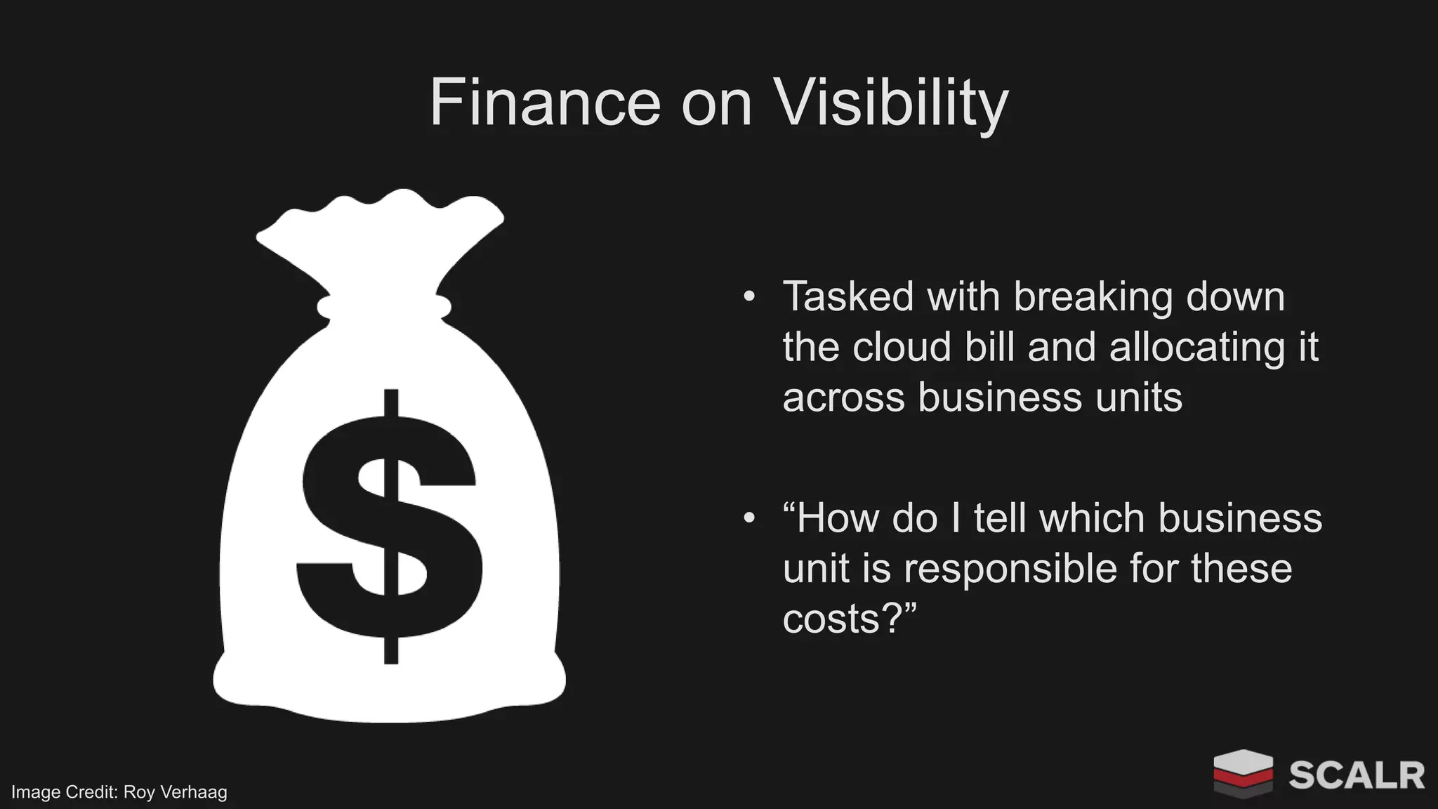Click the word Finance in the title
point(545,103)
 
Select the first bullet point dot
point(749,296)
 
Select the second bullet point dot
point(749,518)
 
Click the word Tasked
point(847,296)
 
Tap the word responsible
point(1010,569)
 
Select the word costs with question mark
point(850,619)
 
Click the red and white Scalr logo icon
point(1243,774)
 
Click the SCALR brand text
point(1356,775)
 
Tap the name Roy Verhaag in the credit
point(175,792)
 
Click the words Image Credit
point(64,792)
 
